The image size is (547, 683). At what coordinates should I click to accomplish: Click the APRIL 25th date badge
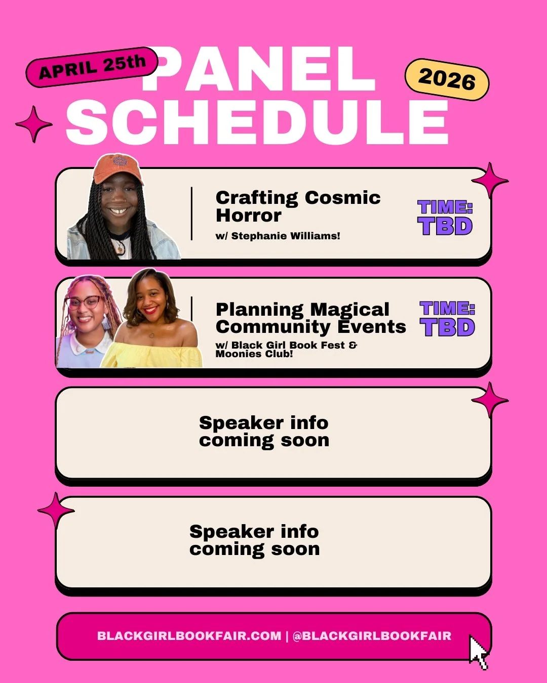tap(92, 67)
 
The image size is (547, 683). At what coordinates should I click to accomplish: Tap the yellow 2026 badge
tap(447, 79)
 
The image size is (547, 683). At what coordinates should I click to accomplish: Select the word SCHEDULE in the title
tap(257, 122)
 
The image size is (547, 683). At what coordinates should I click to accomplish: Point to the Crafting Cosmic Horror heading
tap(298, 206)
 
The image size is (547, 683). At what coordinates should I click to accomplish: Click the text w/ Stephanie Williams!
tap(278, 236)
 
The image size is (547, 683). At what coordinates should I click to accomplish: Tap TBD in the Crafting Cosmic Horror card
tap(445, 226)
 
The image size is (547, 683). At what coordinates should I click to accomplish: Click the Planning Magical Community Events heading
tap(310, 318)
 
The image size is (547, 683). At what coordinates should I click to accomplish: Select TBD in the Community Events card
tap(447, 327)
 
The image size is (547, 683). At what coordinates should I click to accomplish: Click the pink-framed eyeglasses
tap(84, 303)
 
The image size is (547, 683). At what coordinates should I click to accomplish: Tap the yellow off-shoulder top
tap(152, 354)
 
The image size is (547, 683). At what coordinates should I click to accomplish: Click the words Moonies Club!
tap(254, 354)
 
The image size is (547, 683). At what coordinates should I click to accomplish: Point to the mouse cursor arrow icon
tap(478, 653)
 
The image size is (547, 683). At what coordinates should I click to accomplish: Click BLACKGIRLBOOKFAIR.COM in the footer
tap(189, 636)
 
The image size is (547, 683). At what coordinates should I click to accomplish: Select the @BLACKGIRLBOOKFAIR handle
tap(372, 636)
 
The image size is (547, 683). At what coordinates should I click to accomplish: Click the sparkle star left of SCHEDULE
tap(33, 124)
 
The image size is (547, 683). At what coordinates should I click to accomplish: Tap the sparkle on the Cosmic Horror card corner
tap(490, 180)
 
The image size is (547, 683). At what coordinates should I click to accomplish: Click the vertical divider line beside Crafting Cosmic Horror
tap(192, 214)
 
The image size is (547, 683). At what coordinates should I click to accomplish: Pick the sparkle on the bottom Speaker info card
tap(56, 510)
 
